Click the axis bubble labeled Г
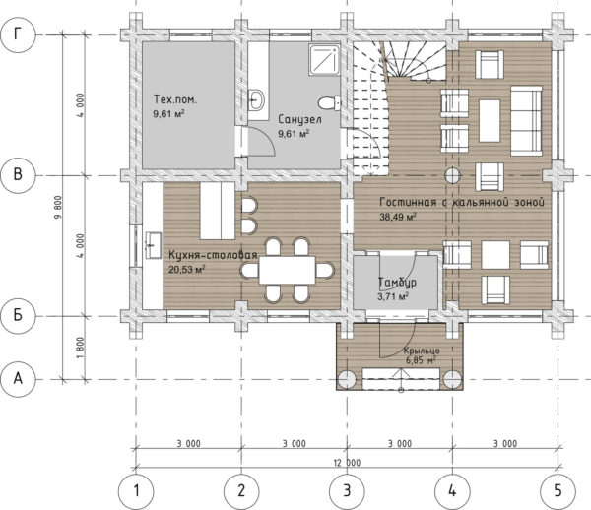coord(18,34)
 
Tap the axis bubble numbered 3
coord(347,491)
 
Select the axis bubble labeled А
coord(18,379)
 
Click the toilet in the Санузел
coord(329,102)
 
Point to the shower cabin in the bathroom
coord(324,59)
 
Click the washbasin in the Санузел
coord(257,100)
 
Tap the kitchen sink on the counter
coord(154,245)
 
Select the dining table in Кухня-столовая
coord(287,270)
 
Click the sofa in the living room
coord(526,120)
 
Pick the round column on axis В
coord(452,175)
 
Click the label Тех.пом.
coord(175,99)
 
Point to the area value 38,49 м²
coord(398,217)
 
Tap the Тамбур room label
coord(397,282)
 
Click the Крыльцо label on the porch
coord(422,351)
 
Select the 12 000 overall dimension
coord(347,463)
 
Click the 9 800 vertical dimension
coord(58,207)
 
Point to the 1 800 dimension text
coord(81,348)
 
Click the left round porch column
coord(347,379)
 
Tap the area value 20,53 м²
coord(187,270)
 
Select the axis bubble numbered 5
coord(558,491)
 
